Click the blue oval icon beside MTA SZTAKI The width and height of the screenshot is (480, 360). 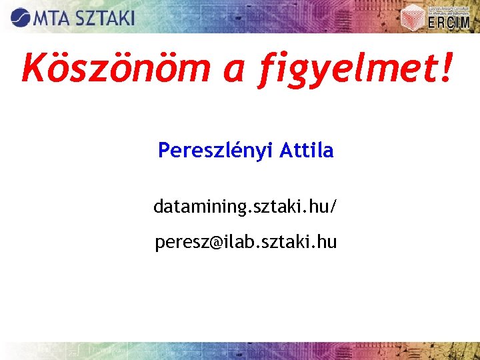20,17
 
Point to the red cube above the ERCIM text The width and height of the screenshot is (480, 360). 415,15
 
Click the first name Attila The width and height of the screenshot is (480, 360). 306,151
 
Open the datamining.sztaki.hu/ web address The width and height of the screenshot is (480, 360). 245,207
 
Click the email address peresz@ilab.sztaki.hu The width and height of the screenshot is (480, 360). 245,242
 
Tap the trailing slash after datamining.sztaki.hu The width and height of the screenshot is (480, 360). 334,207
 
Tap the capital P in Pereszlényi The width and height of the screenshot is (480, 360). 163,151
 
